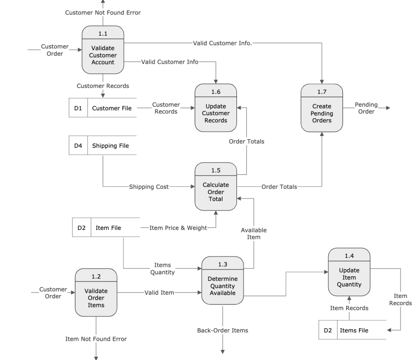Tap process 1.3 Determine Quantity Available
click(x=222, y=281)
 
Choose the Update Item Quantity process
click(x=349, y=272)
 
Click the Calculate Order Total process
click(x=216, y=187)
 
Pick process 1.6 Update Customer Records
click(x=216, y=108)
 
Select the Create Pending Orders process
click(x=322, y=108)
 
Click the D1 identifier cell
click(x=78, y=108)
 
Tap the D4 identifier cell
click(x=78, y=146)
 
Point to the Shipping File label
click(x=111, y=146)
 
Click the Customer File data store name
click(x=112, y=108)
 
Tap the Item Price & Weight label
click(x=178, y=228)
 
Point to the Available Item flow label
click(x=254, y=234)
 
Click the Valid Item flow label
click(x=159, y=292)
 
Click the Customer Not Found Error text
click(x=103, y=13)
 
